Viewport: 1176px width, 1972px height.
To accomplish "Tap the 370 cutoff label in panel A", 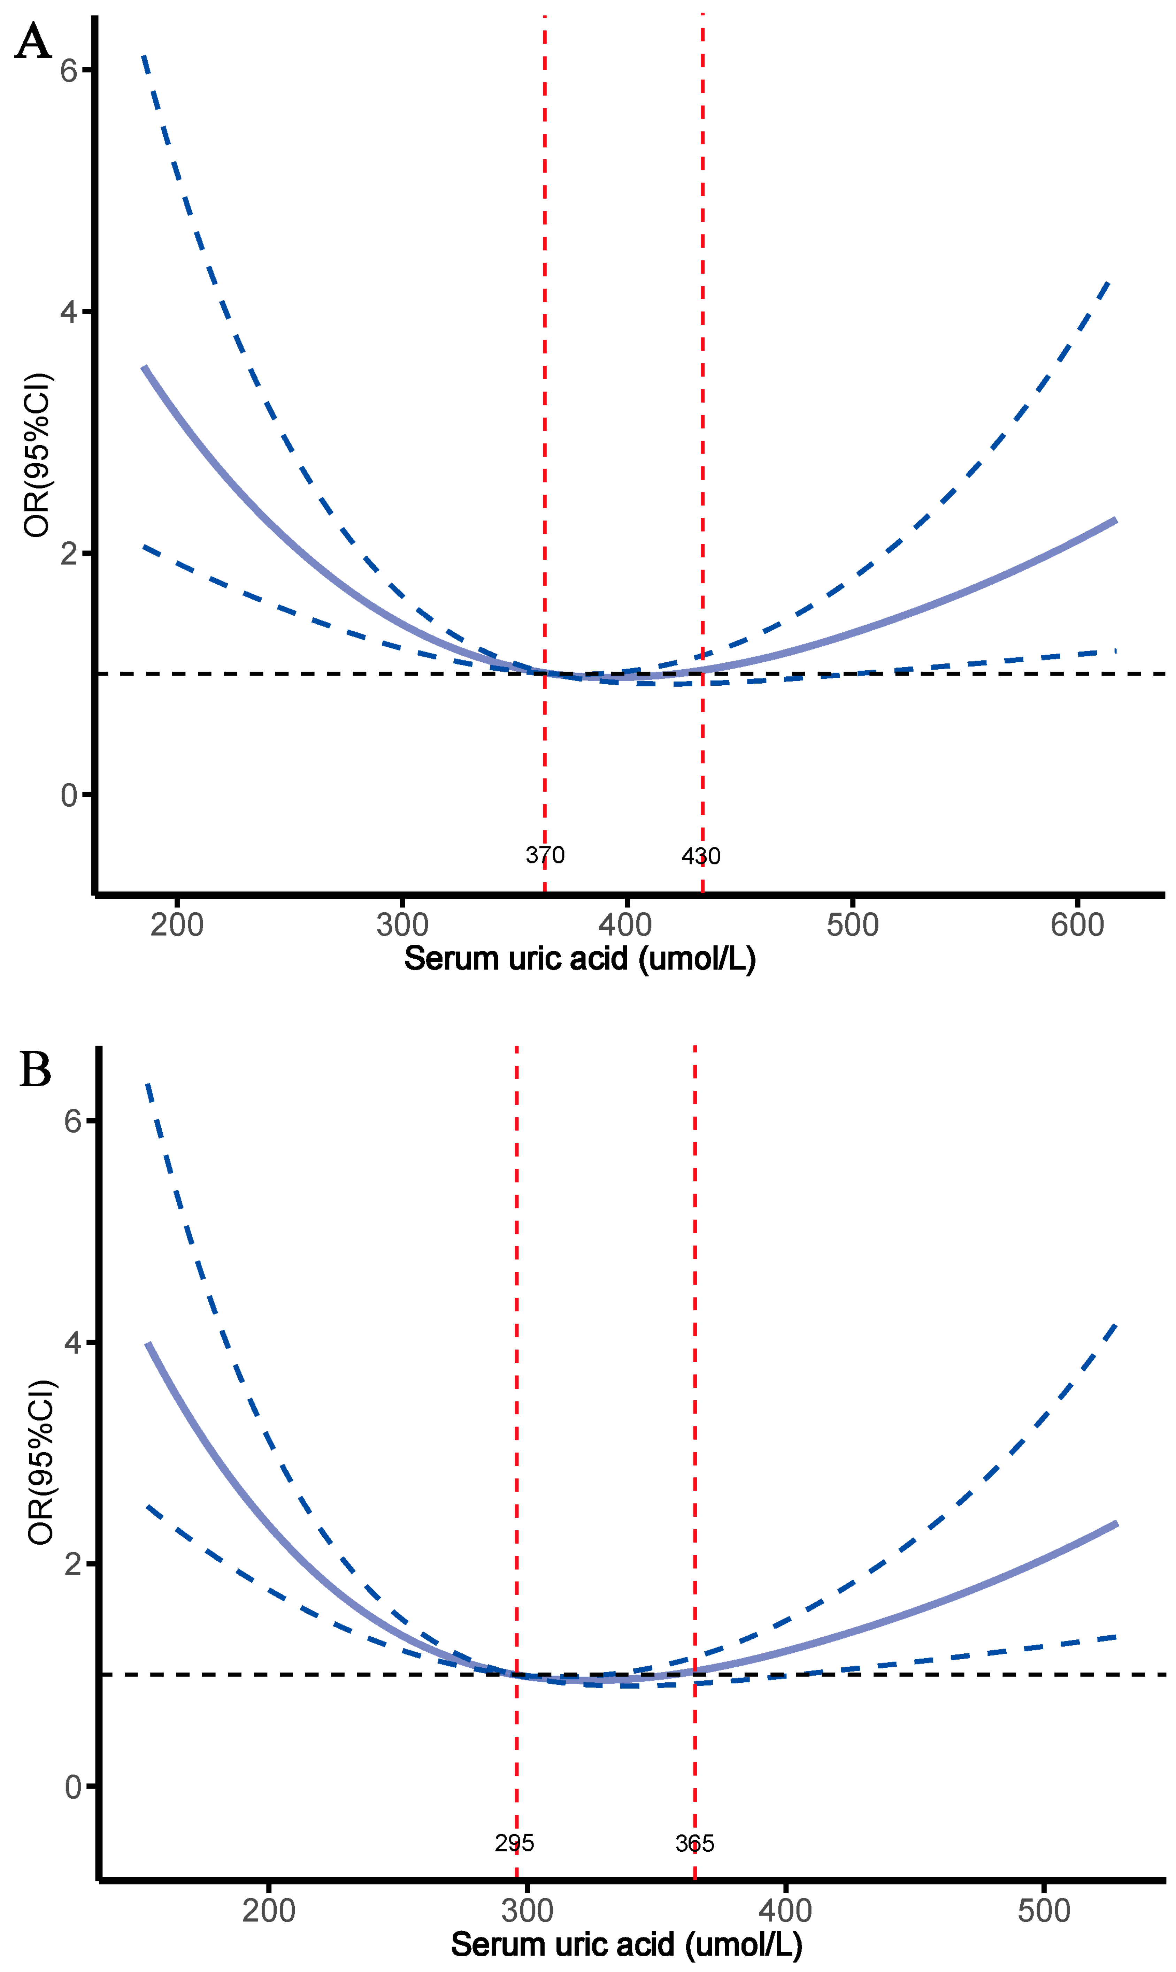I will [545, 855].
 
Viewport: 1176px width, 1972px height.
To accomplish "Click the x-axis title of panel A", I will [580, 959].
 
